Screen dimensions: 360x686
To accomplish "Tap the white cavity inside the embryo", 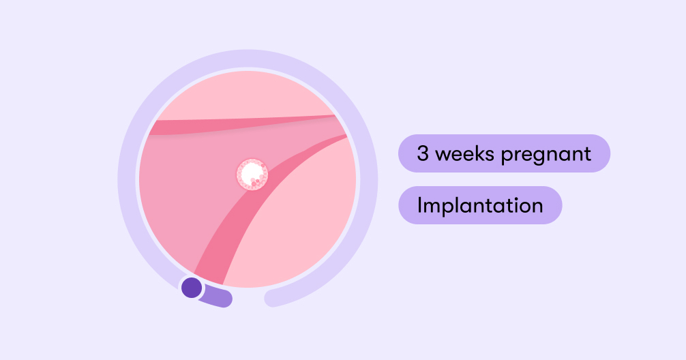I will (x=250, y=170).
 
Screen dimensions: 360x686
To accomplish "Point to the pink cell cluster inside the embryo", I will (x=258, y=180).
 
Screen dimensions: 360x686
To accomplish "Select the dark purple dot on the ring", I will (x=192, y=287).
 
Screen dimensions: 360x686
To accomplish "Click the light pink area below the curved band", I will (x=300, y=232).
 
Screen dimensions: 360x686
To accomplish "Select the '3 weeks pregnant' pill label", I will (x=504, y=153).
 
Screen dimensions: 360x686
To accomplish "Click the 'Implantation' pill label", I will (x=479, y=205).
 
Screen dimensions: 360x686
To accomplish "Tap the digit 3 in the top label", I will (x=423, y=153).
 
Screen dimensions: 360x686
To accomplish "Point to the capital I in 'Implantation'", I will (x=419, y=205).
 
